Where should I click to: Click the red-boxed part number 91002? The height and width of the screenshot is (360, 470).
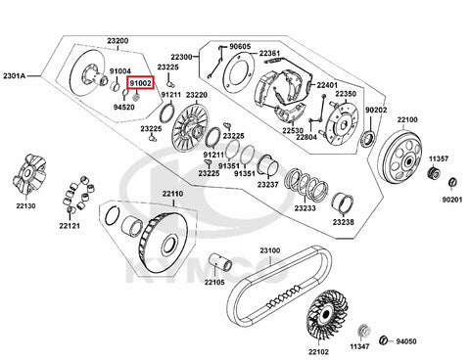(x=141, y=83)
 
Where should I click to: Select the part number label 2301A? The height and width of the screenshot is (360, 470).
(x=15, y=76)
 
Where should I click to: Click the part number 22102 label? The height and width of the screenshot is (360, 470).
(x=319, y=352)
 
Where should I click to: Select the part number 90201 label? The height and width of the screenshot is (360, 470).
(x=452, y=200)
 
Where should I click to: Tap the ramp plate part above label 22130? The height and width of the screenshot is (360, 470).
(x=29, y=174)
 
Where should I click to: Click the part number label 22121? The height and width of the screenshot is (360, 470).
(x=70, y=225)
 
